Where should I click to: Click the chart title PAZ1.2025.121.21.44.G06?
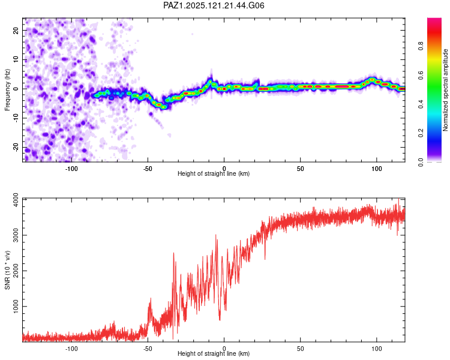(x=214, y=5)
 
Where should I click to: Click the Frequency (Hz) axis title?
(x=7, y=90)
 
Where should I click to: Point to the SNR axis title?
(x=7, y=270)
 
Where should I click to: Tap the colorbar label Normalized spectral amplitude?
(x=445, y=90)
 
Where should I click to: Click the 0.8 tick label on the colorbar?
(x=421, y=46)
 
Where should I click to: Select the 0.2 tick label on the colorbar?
(x=421, y=133)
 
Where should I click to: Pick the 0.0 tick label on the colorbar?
(x=421, y=162)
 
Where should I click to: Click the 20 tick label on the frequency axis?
(x=16, y=30)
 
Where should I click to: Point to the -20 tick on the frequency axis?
(x=16, y=147)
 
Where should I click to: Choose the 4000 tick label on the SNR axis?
(x=16, y=200)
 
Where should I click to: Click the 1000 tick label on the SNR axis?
(x=16, y=307)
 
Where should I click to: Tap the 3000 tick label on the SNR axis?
(x=16, y=235)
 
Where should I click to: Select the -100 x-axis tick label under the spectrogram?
(x=71, y=169)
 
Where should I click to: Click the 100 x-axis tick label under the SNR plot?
(x=377, y=349)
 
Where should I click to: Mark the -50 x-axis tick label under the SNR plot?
(x=148, y=349)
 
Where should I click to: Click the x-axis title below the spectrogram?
(x=214, y=173)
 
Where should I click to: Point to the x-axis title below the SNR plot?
(x=214, y=353)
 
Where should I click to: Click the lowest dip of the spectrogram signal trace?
(x=164, y=107)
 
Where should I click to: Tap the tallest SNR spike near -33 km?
(x=173, y=253)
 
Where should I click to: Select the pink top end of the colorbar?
(x=434, y=20)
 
